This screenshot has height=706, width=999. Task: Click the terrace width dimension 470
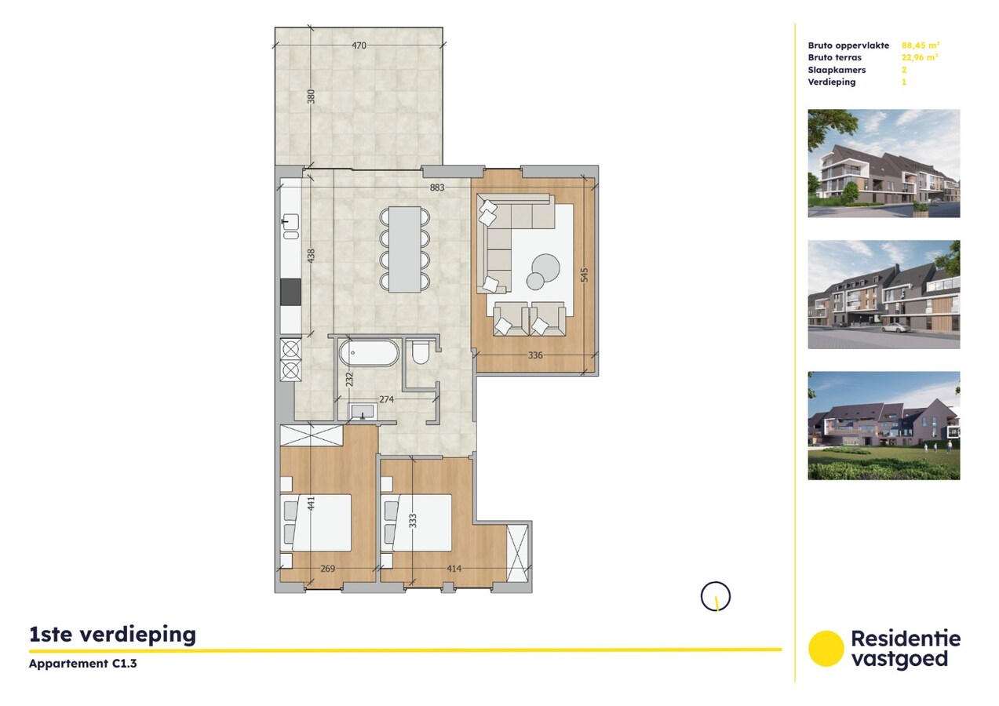pyautogui.click(x=359, y=45)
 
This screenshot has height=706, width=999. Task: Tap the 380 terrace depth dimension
pyautogui.click(x=311, y=97)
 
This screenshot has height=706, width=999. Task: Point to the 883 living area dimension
pyautogui.click(x=437, y=187)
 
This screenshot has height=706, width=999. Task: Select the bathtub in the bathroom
pyautogui.click(x=369, y=353)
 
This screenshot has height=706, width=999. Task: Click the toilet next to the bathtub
pyautogui.click(x=420, y=352)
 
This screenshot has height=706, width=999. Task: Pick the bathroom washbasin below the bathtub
pyautogui.click(x=363, y=411)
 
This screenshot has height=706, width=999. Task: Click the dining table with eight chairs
pyautogui.click(x=405, y=249)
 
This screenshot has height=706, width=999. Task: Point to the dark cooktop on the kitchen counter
pyautogui.click(x=290, y=292)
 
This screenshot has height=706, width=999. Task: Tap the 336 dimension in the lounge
pyautogui.click(x=535, y=355)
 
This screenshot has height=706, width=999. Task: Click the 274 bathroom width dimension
pyautogui.click(x=386, y=399)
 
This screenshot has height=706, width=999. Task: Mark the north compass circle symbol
pyautogui.click(x=715, y=596)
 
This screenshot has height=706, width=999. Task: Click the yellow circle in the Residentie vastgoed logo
pyautogui.click(x=826, y=649)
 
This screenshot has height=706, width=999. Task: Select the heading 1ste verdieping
pyautogui.click(x=112, y=635)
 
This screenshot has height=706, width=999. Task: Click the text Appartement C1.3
pyautogui.click(x=77, y=664)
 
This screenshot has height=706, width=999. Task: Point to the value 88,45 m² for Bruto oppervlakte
pyautogui.click(x=921, y=45)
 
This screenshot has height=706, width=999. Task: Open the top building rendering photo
pyautogui.click(x=884, y=163)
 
